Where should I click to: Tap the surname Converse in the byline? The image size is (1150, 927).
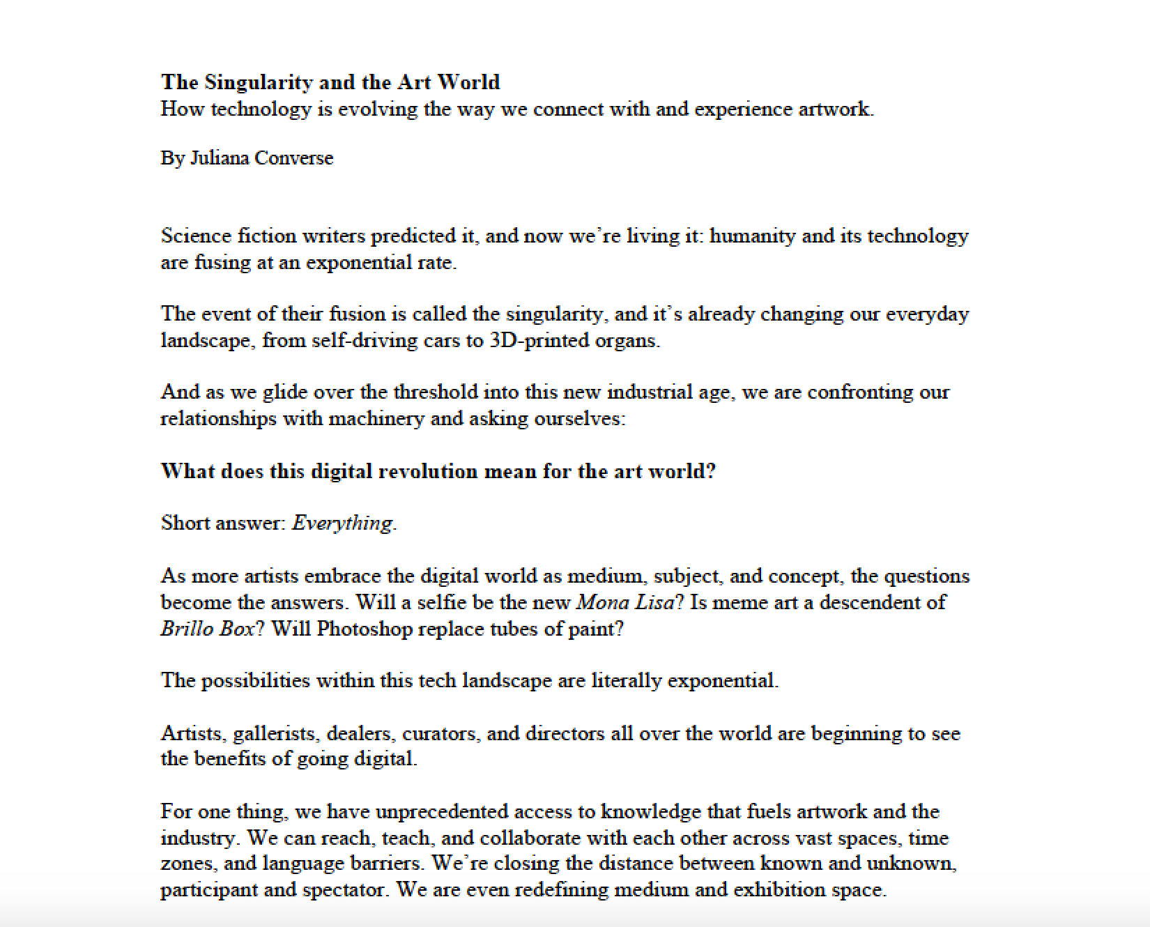294,158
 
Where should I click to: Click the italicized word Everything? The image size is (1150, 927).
342,523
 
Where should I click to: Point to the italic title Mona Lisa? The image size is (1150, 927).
625,602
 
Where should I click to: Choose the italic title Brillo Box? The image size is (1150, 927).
207,629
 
